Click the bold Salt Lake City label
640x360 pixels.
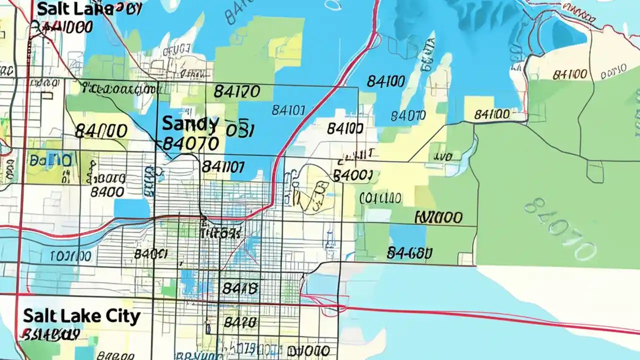pyautogui.click(x=81, y=316)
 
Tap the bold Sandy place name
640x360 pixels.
pyautogui.click(x=190, y=123)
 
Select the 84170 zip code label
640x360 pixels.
pyautogui.click(x=236, y=91)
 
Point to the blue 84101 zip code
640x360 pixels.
pyautogui.click(x=288, y=110)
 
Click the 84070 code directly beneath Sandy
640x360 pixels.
pyautogui.click(x=191, y=144)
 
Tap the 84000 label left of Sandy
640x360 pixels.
pyautogui.click(x=101, y=131)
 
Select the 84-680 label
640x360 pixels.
pyautogui.click(x=409, y=253)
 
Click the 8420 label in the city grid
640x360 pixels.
pyautogui.click(x=240, y=322)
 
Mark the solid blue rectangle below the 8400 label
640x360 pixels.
pyautogui.click(x=131, y=208)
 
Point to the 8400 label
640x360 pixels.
pyautogui.click(x=107, y=192)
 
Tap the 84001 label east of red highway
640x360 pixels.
pyautogui.click(x=352, y=175)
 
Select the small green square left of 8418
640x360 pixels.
pyautogui.click(x=168, y=287)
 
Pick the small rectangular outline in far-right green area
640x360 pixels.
pyautogui.click(x=595, y=171)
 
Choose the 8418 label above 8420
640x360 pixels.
pyautogui.click(x=239, y=288)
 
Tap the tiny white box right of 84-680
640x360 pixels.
pyautogui.click(x=466, y=258)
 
